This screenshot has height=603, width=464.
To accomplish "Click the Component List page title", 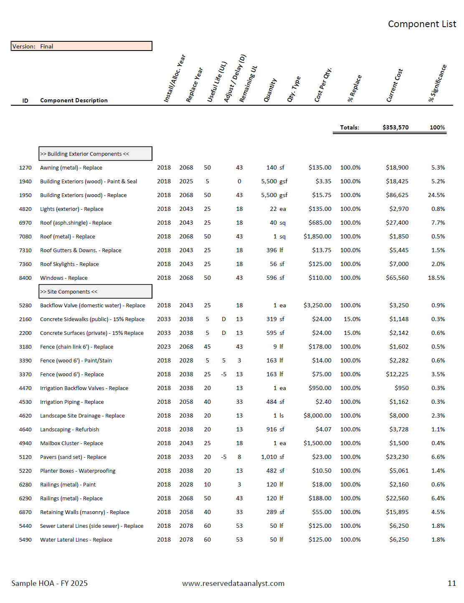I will pyautogui.click(x=422, y=24).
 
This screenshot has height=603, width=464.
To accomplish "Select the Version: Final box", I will pyautogui.click(x=81, y=46).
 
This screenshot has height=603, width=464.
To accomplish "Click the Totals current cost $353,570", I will pyautogui.click(x=395, y=127).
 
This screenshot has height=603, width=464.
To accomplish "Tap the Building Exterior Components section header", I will pyautogui.click(x=95, y=154).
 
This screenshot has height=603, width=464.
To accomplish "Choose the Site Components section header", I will pyautogui.click(x=95, y=291).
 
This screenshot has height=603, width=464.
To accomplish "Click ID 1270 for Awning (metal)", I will pyautogui.click(x=25, y=167).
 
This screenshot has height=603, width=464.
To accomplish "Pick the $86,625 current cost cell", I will pyautogui.click(x=397, y=195).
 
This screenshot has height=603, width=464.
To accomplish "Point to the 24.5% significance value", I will pyautogui.click(x=436, y=195).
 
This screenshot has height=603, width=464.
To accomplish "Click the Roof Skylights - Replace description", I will pyautogui.click(x=69, y=264).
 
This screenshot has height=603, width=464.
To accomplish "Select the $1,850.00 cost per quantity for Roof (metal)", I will pyautogui.click(x=317, y=236).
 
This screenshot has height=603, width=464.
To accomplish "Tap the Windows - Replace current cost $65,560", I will pyautogui.click(x=397, y=278).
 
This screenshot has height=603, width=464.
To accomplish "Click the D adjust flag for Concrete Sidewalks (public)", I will pyautogui.click(x=224, y=319).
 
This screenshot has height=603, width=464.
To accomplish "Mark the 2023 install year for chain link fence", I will pyautogui.click(x=164, y=347).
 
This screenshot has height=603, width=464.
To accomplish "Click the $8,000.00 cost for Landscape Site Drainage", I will pyautogui.click(x=317, y=416).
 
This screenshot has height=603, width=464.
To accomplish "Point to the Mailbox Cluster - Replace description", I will pyautogui.click(x=71, y=443).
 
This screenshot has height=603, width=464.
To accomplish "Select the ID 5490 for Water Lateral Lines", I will pyautogui.click(x=25, y=540).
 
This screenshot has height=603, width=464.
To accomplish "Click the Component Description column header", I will pyautogui.click(x=74, y=100).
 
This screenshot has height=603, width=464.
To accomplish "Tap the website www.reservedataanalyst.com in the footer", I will pyautogui.click(x=233, y=583).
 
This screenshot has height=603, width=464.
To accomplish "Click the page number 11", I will pyautogui.click(x=451, y=583).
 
